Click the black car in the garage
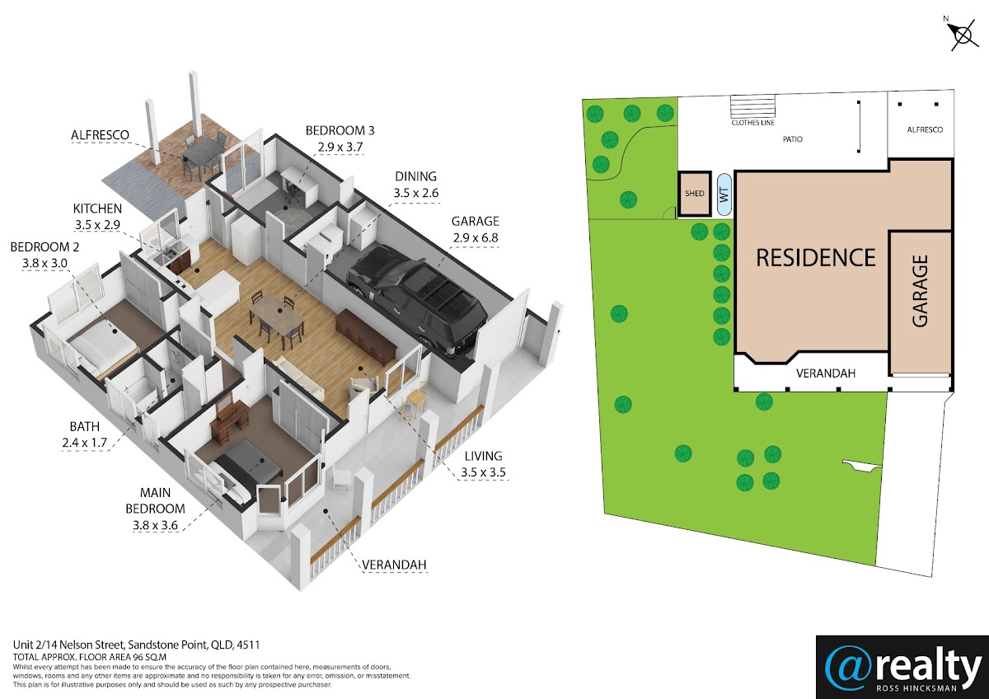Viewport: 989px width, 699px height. point(416,299)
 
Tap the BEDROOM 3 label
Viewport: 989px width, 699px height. point(340,131)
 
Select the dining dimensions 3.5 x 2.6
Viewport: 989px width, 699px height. point(416,193)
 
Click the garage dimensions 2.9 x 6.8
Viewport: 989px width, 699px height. point(475,238)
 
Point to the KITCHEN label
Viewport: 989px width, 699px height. point(97,209)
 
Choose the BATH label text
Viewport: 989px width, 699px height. point(84,426)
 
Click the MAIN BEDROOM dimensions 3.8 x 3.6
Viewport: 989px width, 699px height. point(155,525)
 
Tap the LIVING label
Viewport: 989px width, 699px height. point(483,456)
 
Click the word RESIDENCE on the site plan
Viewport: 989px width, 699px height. point(816,258)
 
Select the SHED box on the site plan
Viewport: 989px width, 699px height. point(695,194)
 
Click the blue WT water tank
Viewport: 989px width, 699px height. point(724,195)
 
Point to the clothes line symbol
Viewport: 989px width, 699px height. point(752,106)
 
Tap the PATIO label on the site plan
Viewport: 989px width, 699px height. point(793,139)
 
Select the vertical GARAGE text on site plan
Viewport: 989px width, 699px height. point(920,292)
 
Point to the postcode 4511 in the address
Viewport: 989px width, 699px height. point(248,645)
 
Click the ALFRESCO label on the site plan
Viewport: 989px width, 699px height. point(925,129)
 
